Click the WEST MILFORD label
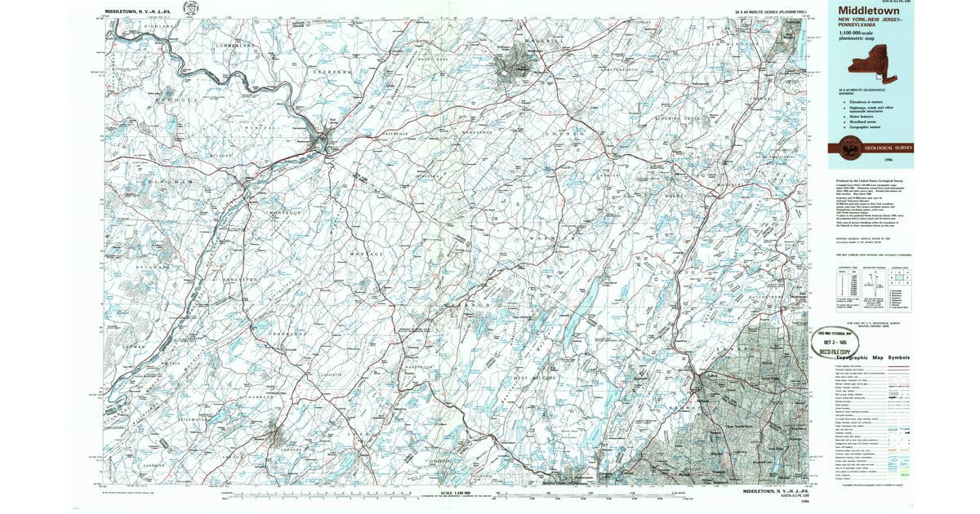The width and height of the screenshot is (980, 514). pos(539,378)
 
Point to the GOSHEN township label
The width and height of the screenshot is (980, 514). pos(567,132)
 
